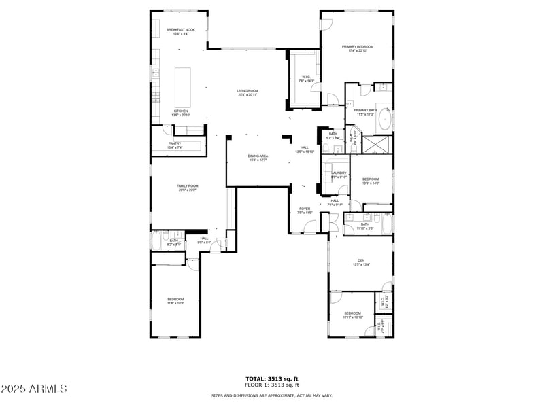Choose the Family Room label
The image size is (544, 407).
188,188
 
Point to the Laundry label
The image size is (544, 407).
339,174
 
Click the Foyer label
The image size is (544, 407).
305,210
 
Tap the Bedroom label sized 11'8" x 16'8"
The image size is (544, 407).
175,301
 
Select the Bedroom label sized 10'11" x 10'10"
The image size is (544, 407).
354,315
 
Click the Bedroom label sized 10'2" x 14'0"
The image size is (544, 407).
371,181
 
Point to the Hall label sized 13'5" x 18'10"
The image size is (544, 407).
305,149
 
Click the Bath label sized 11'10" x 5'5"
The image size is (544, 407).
365,226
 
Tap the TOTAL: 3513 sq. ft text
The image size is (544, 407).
272,378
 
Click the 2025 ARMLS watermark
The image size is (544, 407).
34,389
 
